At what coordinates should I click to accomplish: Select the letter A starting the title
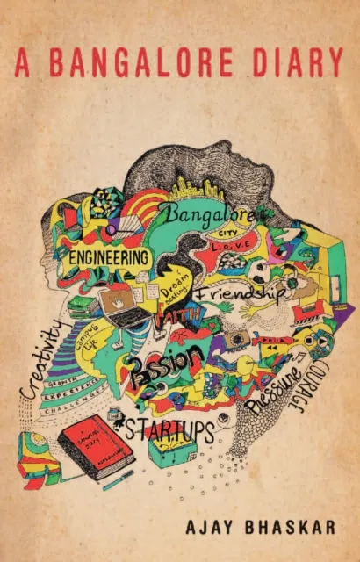click(24, 62)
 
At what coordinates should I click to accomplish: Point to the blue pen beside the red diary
click(118, 479)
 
